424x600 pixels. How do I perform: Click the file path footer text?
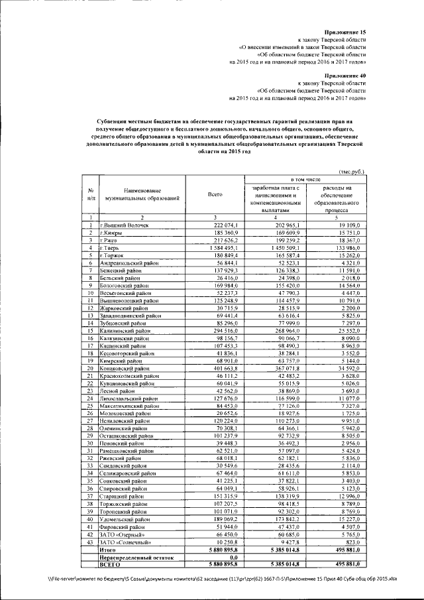[x=216, y=579]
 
